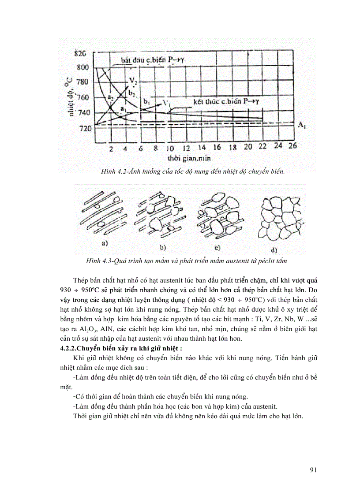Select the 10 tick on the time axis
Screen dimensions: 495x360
[170, 148]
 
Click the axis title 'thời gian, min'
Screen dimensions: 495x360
[184, 158]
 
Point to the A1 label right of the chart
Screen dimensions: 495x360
[302, 126]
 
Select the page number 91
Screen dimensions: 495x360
[314, 469]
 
